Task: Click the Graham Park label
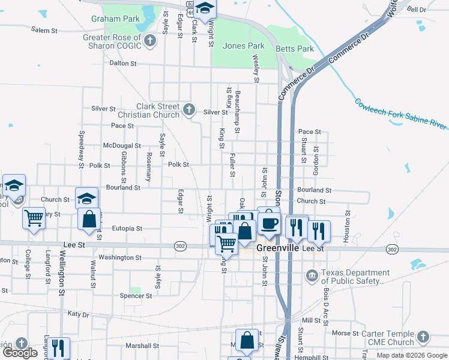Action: click(x=107, y=19)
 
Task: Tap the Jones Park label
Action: click(x=244, y=46)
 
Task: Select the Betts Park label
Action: click(x=295, y=49)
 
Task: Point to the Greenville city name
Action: click(x=278, y=248)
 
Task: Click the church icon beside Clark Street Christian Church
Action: click(x=189, y=109)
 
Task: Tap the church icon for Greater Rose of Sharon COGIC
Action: click(x=150, y=41)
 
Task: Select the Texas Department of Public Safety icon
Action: click(x=312, y=276)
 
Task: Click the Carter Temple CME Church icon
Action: click(x=424, y=337)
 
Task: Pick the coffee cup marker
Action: click(x=269, y=223)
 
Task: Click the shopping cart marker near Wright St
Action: click(x=226, y=243)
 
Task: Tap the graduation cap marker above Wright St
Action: click(x=205, y=9)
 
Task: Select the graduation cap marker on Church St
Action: click(x=86, y=197)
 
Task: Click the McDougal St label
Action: click(x=122, y=145)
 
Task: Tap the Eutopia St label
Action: click(x=127, y=229)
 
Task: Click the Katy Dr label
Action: click(x=78, y=314)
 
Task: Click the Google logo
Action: click(x=20, y=353)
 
